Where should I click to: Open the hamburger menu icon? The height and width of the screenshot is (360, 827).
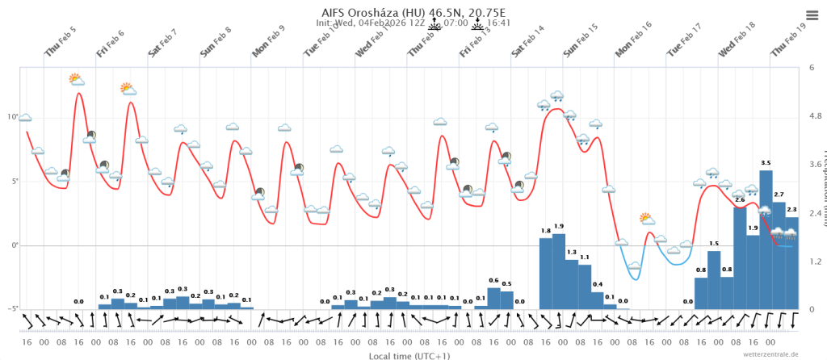(x=812, y=15)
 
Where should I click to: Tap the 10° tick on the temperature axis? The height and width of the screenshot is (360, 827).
(x=13, y=117)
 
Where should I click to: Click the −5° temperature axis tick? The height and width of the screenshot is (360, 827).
(x=12, y=309)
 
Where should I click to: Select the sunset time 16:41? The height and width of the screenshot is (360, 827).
(x=501, y=23)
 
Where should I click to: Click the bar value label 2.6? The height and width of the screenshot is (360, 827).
(x=740, y=199)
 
